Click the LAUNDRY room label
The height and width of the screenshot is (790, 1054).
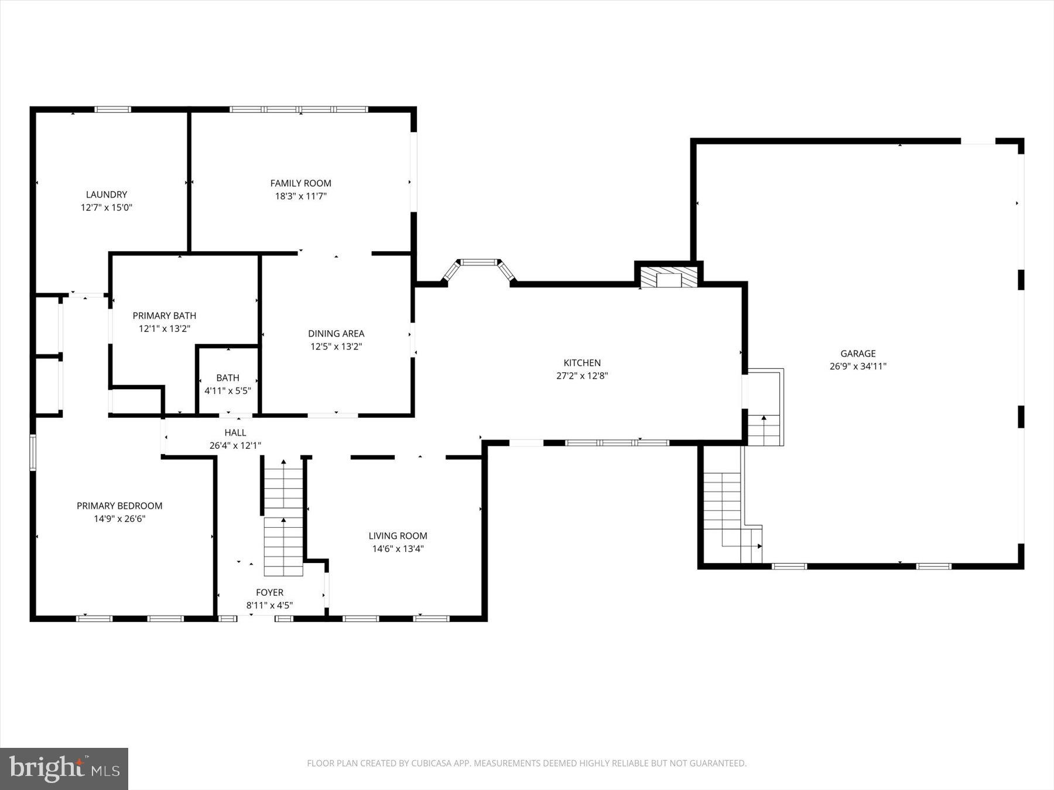tap(107, 194)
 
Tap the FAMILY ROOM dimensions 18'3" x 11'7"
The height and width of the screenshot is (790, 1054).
tap(300, 196)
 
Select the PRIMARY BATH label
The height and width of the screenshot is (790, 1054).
tap(164, 315)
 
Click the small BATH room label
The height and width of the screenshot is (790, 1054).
tap(228, 378)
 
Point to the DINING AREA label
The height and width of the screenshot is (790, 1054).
tap(336, 334)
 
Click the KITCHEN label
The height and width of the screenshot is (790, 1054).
tap(582, 363)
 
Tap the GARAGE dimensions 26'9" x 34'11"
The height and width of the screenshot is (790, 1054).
tap(858, 366)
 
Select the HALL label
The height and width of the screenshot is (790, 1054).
tap(235, 432)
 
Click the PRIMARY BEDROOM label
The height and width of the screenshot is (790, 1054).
tap(119, 506)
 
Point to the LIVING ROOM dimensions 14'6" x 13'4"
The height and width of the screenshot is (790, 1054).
tap(398, 548)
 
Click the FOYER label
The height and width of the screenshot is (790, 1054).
tap(269, 592)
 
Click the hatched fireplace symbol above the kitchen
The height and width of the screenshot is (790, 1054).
tap(669, 277)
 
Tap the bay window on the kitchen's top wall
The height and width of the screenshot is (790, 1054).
tap(479, 266)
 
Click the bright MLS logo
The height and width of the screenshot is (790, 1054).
tap(64, 768)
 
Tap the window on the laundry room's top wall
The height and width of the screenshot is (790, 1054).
tap(113, 109)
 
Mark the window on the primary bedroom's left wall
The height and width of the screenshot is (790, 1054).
tap(33, 452)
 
